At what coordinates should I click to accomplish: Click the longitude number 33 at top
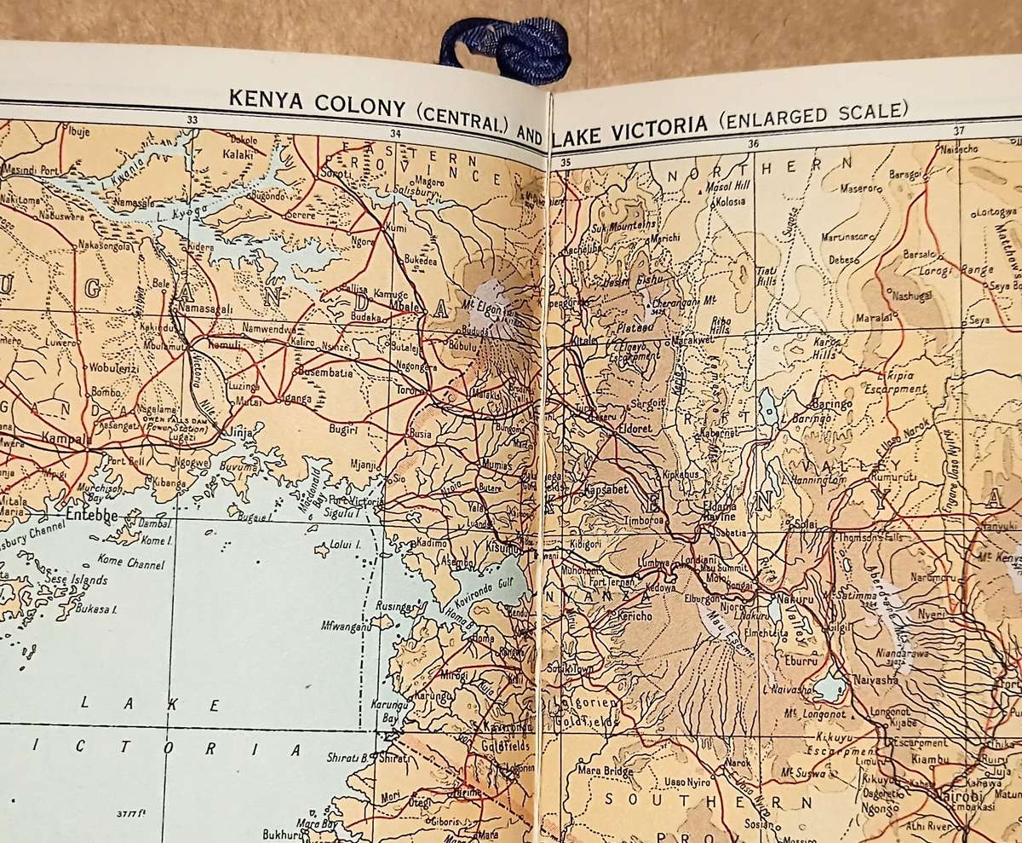coord(192,121)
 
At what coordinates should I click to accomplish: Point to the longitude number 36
coord(753,143)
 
